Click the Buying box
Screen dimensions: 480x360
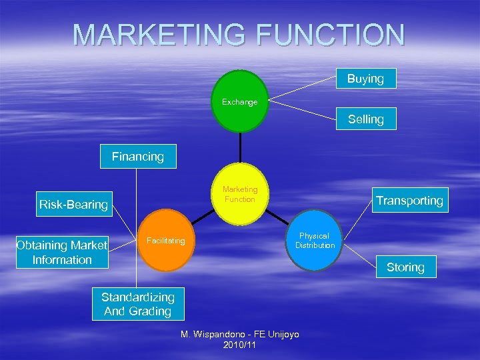(365, 79)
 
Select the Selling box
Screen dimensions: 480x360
(365, 119)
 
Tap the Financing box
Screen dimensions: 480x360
(137, 157)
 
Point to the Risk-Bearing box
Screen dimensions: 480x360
(73, 204)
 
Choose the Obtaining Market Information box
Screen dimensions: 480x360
(62, 253)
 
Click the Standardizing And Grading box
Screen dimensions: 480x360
(137, 304)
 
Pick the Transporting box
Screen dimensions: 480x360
(409, 201)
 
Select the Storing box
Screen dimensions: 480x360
(405, 267)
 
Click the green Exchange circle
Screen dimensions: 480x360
(240, 101)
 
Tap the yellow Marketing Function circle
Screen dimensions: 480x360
(240, 194)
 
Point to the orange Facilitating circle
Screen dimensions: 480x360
(167, 241)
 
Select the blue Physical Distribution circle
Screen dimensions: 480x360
(315, 241)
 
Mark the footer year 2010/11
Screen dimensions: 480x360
(240, 345)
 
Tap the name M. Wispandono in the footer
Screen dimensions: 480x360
(220, 334)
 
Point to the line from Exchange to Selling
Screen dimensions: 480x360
(303, 110)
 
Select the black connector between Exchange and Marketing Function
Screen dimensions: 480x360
(240, 148)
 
